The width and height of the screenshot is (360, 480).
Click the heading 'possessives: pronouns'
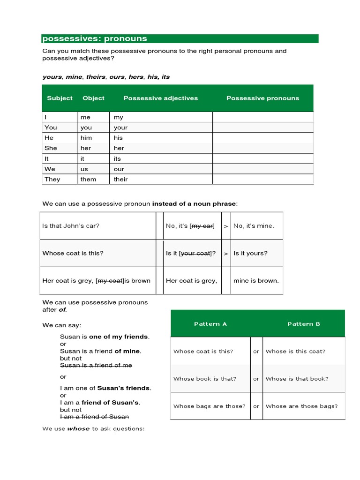tap(95, 39)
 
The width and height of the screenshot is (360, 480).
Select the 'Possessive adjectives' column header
tap(160, 98)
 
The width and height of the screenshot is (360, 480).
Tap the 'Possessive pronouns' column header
tap(262, 98)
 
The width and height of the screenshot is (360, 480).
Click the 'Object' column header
tap(93, 98)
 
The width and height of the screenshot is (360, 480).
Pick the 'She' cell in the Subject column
tap(51, 148)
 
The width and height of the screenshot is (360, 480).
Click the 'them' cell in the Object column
tap(88, 179)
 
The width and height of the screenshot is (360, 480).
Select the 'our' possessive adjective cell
tap(119, 169)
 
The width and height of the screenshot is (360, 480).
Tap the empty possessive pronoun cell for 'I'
tap(262, 117)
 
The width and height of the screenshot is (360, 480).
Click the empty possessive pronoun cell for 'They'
tap(262, 179)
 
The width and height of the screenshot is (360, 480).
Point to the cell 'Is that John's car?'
tap(71, 225)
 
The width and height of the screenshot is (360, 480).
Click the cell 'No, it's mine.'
tap(254, 225)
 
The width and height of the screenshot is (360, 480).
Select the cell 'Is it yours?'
tap(250, 253)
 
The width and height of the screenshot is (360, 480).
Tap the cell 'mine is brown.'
tap(256, 281)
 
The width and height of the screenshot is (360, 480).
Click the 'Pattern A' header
tap(210, 324)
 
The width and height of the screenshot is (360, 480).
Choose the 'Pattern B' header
tap(304, 324)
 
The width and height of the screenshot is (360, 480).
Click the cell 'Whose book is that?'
tap(205, 379)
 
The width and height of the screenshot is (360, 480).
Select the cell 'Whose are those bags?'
tap(301, 406)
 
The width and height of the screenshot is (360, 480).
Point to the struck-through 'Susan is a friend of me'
tap(96, 365)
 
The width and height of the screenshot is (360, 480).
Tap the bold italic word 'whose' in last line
tap(78, 428)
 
